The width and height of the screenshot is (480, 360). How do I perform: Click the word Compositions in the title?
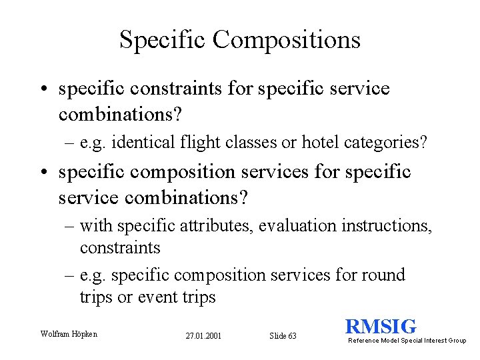(287, 40)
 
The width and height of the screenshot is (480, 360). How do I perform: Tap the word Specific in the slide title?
(163, 40)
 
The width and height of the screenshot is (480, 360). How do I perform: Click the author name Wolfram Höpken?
(69, 333)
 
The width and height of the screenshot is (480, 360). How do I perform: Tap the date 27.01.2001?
(204, 336)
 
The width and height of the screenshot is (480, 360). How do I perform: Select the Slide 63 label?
(283, 336)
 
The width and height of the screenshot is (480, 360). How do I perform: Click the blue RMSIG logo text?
(381, 327)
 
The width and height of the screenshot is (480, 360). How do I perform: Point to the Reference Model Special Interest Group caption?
(407, 341)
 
